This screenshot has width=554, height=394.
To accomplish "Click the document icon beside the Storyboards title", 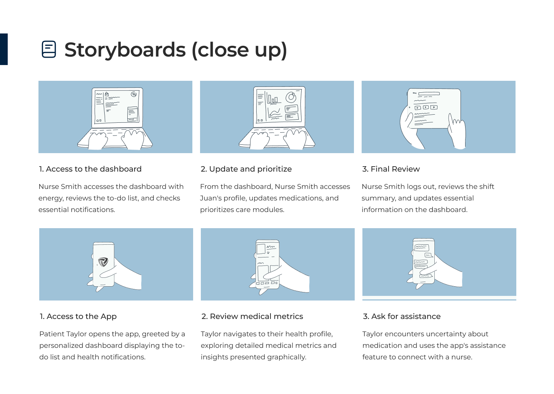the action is [x=49, y=49].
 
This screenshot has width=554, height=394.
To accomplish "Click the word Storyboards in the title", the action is [x=125, y=50].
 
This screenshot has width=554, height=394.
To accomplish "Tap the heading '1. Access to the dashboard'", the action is [x=90, y=169].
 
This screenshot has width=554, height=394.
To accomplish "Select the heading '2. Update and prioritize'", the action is [x=246, y=169].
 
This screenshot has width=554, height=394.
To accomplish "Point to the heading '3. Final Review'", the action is [x=391, y=169].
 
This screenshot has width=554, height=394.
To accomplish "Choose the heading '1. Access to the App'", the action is [x=78, y=316].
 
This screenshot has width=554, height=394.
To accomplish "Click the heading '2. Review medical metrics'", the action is [x=252, y=316].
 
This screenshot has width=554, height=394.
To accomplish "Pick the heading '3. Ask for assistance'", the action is [x=402, y=316].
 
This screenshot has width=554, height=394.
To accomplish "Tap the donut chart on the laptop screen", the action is [x=291, y=97].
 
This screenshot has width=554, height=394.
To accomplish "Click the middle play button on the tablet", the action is [x=426, y=107].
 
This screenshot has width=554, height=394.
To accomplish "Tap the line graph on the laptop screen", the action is [x=274, y=112].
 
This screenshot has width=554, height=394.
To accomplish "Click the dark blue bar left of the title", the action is [x=4, y=49].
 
